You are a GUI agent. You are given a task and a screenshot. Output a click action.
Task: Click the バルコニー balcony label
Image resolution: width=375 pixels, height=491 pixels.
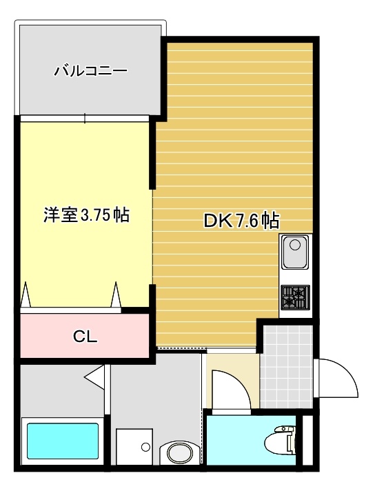pyautogui.click(x=91, y=70)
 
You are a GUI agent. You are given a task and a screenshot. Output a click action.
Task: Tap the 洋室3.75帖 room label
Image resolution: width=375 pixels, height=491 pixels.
pyautogui.click(x=86, y=215)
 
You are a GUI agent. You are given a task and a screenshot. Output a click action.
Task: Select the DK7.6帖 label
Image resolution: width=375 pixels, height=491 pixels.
pyautogui.click(x=241, y=221)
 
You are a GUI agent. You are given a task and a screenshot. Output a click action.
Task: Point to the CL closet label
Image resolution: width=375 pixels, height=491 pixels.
pyautogui.click(x=85, y=337)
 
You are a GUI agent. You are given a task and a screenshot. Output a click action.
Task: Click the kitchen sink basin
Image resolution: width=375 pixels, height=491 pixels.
pyautogui.click(x=295, y=252)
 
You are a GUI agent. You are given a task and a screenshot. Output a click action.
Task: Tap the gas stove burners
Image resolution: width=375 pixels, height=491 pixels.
pyautogui.click(x=295, y=297)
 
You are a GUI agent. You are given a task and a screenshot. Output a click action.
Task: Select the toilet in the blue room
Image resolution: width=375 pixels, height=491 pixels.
pyautogui.click(x=280, y=441)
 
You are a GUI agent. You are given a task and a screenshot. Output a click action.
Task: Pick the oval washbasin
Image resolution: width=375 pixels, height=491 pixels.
pyautogui.click(x=179, y=452)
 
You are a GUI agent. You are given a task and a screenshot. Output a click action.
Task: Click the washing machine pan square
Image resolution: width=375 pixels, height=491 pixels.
pyautogui.click(x=134, y=447)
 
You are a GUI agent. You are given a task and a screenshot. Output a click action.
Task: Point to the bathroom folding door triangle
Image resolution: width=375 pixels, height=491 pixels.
pyautogui.click(x=94, y=377)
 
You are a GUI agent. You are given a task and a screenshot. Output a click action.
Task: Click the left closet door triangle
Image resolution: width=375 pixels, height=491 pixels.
pyautogui.click(x=26, y=294)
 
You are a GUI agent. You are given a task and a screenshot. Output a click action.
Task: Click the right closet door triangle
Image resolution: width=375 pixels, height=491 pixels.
pyautogui.click(x=116, y=294)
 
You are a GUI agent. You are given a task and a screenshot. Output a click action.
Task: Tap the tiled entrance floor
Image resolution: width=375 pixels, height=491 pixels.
pyautogui.click(x=286, y=366)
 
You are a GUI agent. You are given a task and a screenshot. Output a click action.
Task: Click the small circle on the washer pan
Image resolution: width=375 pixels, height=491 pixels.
pyautogui.click(x=145, y=447)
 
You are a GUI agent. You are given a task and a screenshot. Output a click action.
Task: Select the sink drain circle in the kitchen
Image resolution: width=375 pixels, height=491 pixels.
pyautogui.click(x=295, y=245)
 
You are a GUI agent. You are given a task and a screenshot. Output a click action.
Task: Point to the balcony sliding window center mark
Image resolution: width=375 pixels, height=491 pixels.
pyautogui.click(x=85, y=118)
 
